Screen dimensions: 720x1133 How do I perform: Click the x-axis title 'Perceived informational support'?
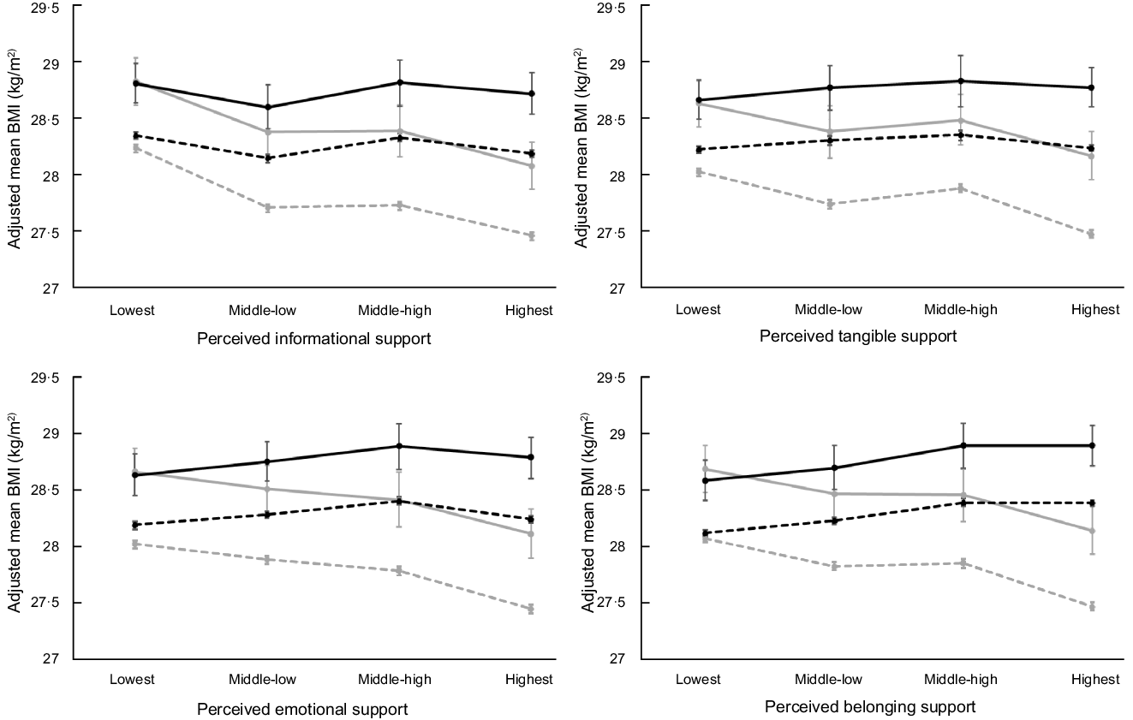(313, 338)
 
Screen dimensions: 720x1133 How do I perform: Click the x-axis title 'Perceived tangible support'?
(858, 336)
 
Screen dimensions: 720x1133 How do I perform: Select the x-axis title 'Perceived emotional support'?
(302, 710)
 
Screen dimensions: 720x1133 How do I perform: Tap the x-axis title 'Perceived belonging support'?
(870, 708)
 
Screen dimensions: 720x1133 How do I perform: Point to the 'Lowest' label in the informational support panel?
(132, 310)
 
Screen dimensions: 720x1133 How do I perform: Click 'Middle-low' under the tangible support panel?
(830, 310)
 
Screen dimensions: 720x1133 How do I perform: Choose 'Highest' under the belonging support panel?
(1095, 680)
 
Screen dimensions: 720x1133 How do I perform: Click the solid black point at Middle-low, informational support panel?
(268, 107)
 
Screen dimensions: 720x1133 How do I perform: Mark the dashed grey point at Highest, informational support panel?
(531, 236)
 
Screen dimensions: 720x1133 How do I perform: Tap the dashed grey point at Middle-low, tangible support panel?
(830, 204)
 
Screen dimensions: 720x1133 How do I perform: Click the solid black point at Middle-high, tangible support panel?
(961, 81)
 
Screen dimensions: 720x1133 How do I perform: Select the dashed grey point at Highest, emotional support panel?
(531, 610)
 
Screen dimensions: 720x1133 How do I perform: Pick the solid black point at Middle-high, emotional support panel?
(399, 446)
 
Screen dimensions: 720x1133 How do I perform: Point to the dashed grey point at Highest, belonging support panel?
(1092, 607)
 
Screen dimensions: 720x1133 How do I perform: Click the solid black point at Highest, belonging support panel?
(1092, 445)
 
